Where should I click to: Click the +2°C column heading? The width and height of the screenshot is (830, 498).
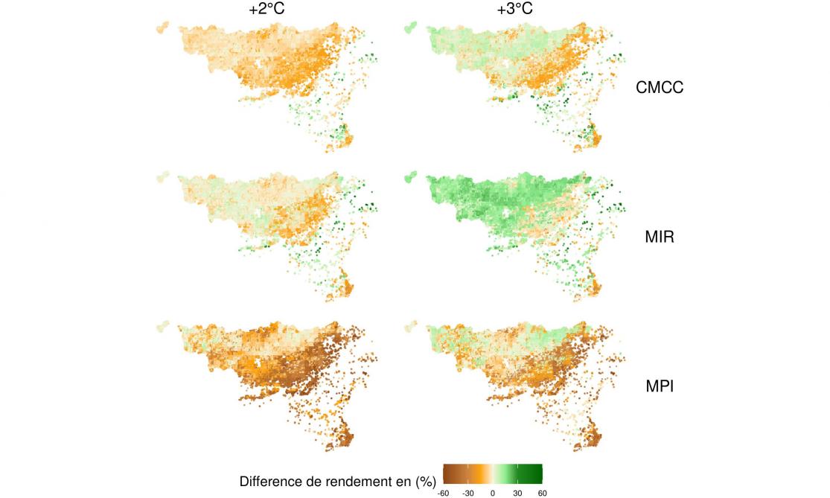pyautogui.click(x=267, y=10)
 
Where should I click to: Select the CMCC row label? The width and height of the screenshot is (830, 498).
pyautogui.click(x=659, y=88)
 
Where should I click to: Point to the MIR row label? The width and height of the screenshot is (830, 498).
pyautogui.click(x=659, y=239)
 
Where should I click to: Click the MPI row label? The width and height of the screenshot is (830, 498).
pyautogui.click(x=659, y=386)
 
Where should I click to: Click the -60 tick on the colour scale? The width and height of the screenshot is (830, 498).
pyautogui.click(x=444, y=492)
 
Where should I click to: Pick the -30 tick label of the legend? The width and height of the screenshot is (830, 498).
pyautogui.click(x=468, y=492)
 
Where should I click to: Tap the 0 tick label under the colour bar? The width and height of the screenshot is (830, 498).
pyautogui.click(x=493, y=492)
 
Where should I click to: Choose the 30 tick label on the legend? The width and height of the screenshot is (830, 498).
pyautogui.click(x=517, y=492)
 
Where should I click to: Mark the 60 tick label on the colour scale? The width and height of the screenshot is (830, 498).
pyautogui.click(x=542, y=492)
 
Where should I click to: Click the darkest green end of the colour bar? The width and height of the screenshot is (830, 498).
pyautogui.click(x=539, y=473)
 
